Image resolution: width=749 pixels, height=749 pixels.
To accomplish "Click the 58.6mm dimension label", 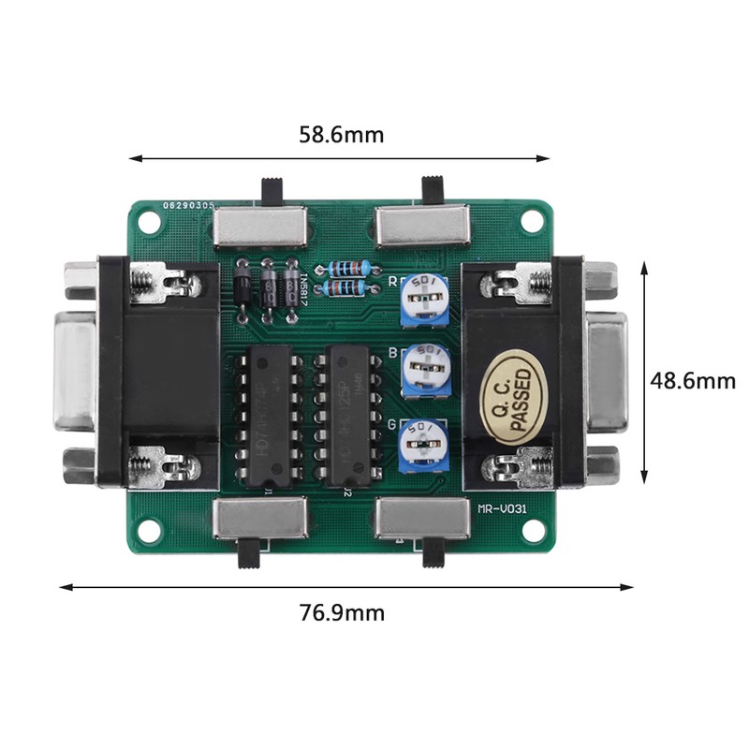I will coord(341,135).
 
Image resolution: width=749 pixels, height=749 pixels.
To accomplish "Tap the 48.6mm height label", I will coord(694,381).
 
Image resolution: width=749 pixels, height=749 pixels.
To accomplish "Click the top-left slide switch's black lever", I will coord(274,191).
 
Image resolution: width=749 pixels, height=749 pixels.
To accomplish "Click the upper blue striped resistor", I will coord(348,267).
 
